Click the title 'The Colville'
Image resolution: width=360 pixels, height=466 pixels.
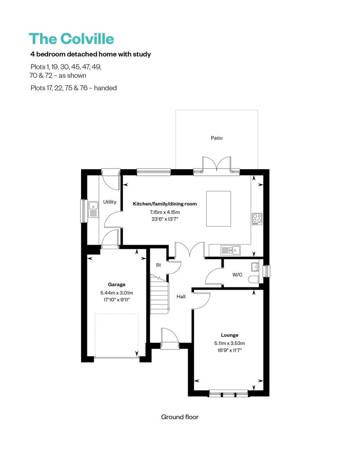(x=71, y=39)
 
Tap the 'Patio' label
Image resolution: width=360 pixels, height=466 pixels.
(x=216, y=138)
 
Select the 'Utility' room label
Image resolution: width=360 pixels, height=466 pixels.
(x=109, y=202)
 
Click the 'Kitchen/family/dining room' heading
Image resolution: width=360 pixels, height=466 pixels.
(x=165, y=204)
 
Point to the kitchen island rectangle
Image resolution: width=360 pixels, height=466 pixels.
(x=219, y=209)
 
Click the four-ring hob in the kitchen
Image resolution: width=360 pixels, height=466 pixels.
(x=257, y=219)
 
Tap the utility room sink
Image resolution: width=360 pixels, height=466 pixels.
(x=94, y=209)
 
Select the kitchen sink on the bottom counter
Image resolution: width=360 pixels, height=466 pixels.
(x=230, y=250)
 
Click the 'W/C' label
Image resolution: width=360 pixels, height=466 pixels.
(x=237, y=274)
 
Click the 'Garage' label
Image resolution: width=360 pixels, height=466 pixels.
(x=117, y=284)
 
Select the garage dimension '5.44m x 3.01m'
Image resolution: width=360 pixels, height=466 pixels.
(x=117, y=293)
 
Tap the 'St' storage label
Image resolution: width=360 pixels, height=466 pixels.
(x=158, y=265)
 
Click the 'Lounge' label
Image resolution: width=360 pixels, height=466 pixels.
(x=229, y=335)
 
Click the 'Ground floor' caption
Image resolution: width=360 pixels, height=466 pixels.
(x=180, y=417)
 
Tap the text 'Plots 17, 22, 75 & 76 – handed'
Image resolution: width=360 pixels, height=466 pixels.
(x=73, y=88)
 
